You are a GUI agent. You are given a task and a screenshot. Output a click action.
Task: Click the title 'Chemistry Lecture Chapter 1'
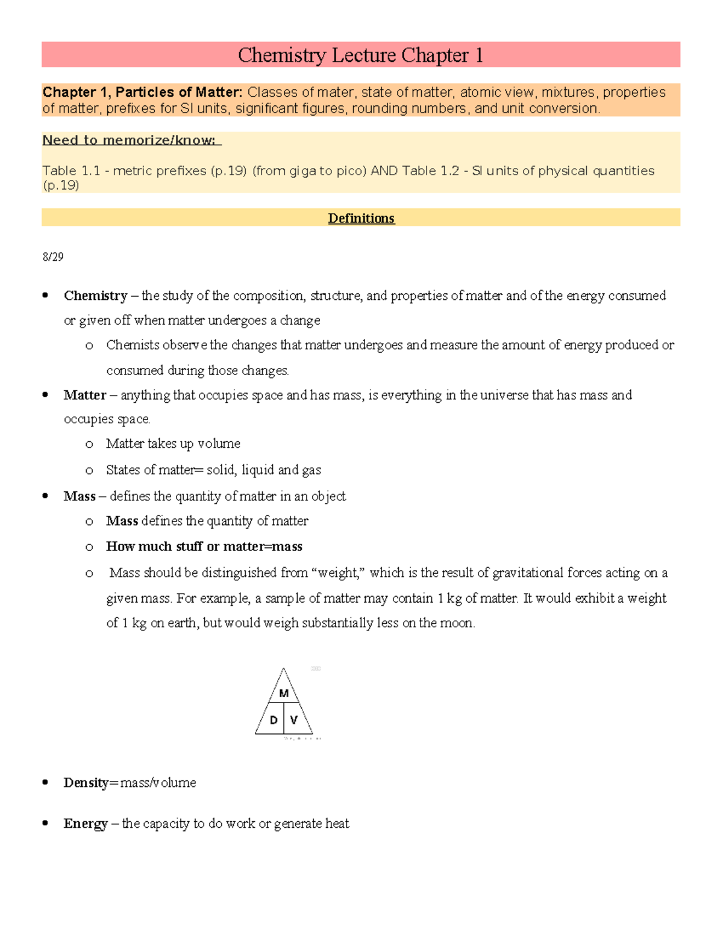(360, 55)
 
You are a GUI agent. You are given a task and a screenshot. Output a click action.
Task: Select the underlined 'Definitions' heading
(361, 218)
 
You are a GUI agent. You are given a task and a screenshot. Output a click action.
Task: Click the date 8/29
(53, 257)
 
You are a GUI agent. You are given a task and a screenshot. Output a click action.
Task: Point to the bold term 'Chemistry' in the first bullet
(95, 296)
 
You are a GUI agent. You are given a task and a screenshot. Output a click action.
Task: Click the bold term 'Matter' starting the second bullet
(84, 395)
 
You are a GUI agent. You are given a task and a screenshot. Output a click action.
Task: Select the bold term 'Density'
(86, 783)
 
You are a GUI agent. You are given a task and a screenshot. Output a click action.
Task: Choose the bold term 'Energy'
(85, 824)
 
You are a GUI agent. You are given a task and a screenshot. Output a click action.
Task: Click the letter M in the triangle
(284, 694)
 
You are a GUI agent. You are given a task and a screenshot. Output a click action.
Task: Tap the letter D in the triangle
(274, 720)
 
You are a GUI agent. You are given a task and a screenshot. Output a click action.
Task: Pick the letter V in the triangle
(294, 720)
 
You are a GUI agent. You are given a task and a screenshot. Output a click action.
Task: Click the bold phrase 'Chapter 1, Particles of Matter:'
(142, 92)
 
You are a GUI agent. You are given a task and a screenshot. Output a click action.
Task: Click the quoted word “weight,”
(338, 573)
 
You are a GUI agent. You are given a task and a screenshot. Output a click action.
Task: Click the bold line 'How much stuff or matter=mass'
(204, 547)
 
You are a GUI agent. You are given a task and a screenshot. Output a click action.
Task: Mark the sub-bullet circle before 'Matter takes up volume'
(89, 444)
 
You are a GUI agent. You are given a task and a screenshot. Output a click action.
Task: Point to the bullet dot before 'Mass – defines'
(45, 496)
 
